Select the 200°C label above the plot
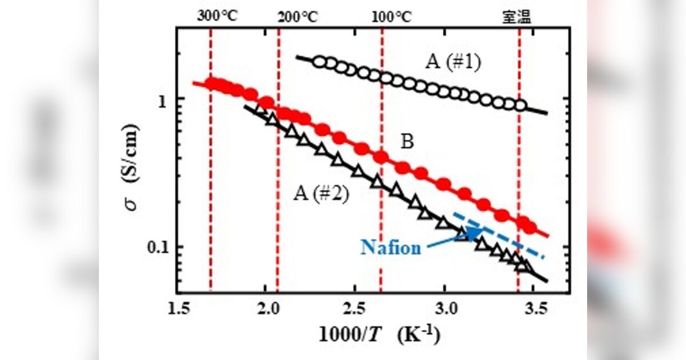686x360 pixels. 297,17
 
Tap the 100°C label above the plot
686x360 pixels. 391,17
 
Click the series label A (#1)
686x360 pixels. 453,61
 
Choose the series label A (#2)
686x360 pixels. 321,194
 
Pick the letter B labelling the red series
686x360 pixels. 407,142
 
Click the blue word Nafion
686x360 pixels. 391,247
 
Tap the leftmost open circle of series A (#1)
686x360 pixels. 320,62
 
